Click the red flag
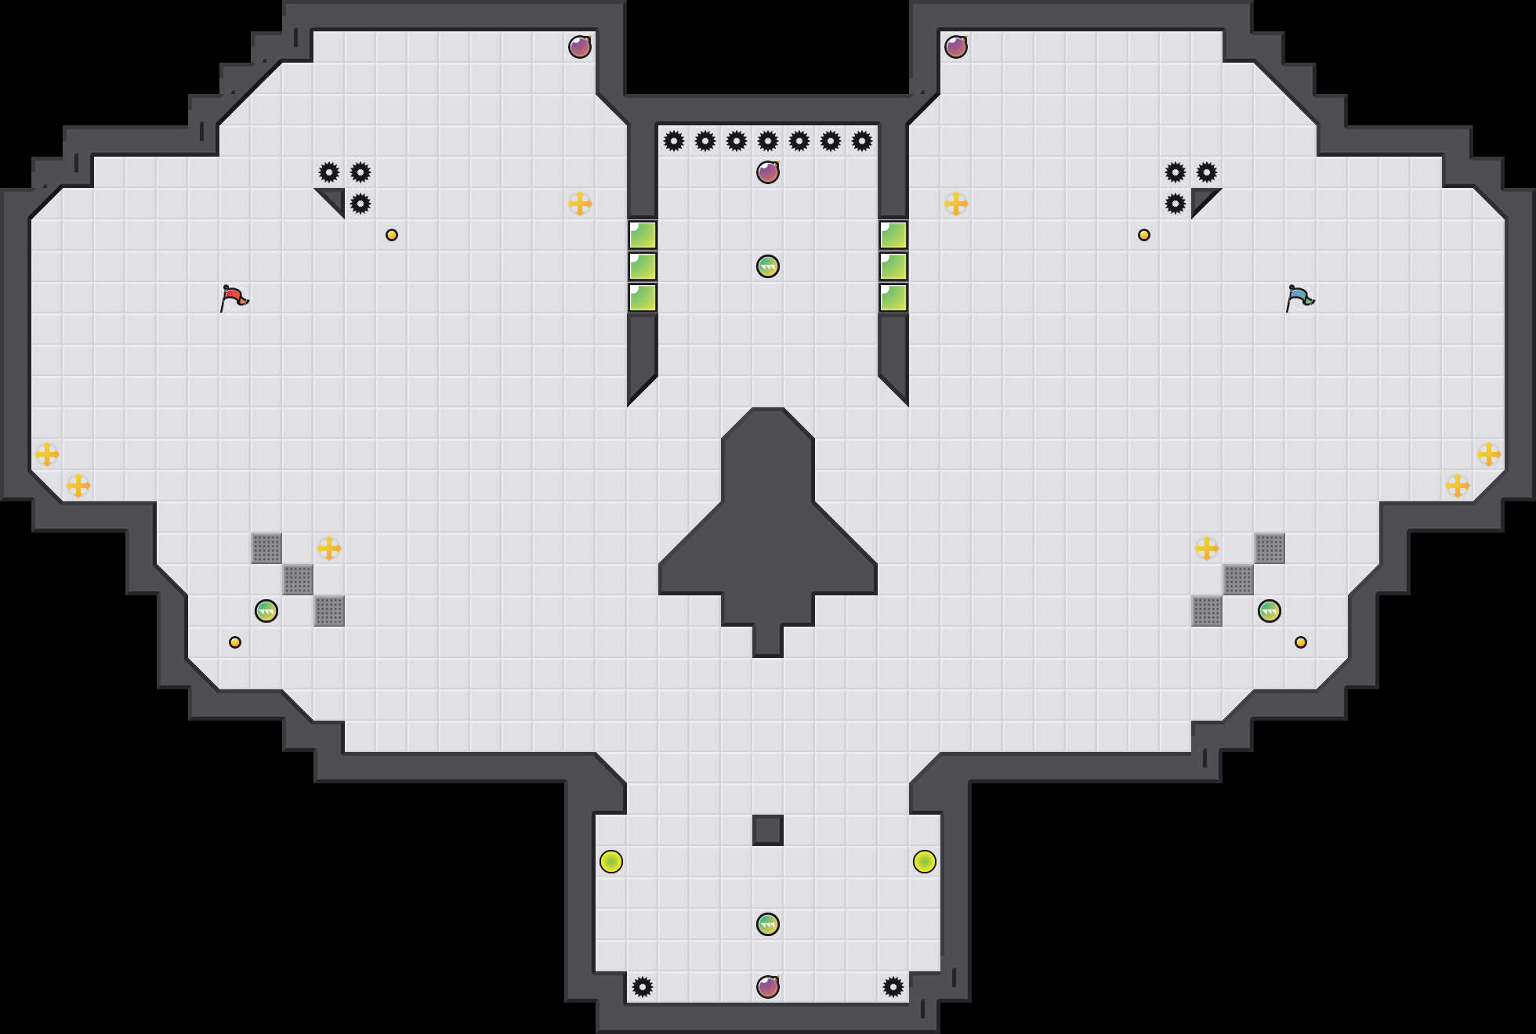[234, 298]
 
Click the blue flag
[1299, 298]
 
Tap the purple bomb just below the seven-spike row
[768, 172]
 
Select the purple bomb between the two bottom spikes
[768, 987]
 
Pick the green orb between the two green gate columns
[768, 266]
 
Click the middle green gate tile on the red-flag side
[643, 266]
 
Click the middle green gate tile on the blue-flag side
[893, 266]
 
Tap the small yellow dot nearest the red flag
[392, 235]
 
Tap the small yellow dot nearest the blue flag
[1144, 235]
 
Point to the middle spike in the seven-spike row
[768, 141]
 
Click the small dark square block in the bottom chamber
[768, 830]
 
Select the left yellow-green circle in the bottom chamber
[611, 862]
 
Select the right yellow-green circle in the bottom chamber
[925, 862]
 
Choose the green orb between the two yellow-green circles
[768, 924]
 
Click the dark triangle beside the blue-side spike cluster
[1201, 198]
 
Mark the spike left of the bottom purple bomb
[643, 987]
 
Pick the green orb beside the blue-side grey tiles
[1270, 611]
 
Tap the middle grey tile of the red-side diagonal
[298, 580]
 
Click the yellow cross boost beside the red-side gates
[580, 204]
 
